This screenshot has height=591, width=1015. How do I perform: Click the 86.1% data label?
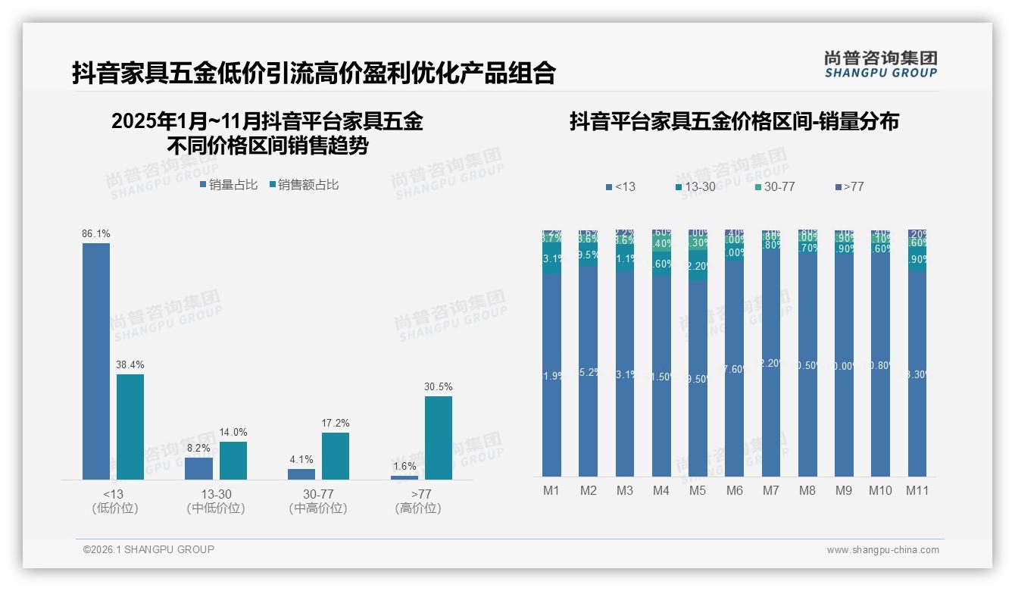pyautogui.click(x=96, y=234)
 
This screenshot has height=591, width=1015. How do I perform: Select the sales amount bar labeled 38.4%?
pyautogui.click(x=130, y=426)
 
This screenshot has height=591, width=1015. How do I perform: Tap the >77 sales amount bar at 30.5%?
pyautogui.click(x=439, y=437)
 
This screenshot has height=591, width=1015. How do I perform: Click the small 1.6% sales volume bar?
pyautogui.click(x=404, y=477)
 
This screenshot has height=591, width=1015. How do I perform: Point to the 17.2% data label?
pyautogui.click(x=336, y=424)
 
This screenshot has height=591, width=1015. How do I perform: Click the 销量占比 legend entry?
pyautogui.click(x=228, y=184)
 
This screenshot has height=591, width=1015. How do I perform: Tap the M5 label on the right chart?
pyautogui.click(x=698, y=490)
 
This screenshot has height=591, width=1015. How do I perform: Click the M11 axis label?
pyautogui.click(x=917, y=490)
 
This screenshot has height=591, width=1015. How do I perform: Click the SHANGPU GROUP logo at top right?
pyautogui.click(x=880, y=64)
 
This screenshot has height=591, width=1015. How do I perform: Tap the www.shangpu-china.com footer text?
pyautogui.click(x=882, y=550)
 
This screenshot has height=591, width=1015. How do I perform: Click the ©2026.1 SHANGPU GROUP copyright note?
pyautogui.click(x=148, y=549)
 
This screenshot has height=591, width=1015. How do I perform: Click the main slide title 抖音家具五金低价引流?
pyautogui.click(x=314, y=73)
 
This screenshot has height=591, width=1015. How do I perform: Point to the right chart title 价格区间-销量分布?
pyautogui.click(x=734, y=121)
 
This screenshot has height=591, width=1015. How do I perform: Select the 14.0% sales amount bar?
pyautogui.click(x=233, y=460)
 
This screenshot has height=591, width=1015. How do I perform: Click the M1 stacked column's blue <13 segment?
pyautogui.click(x=552, y=375)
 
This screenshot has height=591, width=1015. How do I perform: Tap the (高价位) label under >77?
pyautogui.click(x=418, y=508)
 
